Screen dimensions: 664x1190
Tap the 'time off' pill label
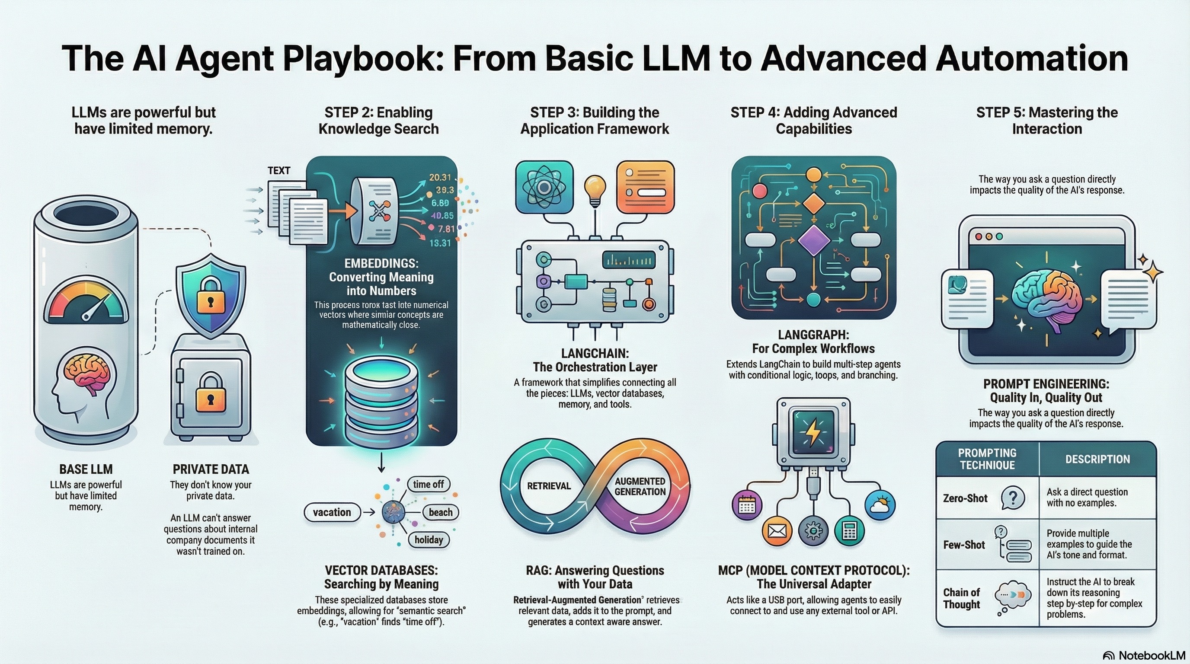coord(428,484)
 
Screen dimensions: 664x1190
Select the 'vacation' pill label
coord(332,512)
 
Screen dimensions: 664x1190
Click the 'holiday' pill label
coord(428,539)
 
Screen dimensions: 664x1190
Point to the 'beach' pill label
coord(440,512)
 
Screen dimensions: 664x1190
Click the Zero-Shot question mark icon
coord(1013,498)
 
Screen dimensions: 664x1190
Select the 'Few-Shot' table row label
coord(964,545)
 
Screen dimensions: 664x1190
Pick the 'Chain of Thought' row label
coord(961,598)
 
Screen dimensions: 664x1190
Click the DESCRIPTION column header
coord(1097,459)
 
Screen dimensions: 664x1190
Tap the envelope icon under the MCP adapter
coord(777,531)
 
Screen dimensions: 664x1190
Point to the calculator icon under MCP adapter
coord(849,531)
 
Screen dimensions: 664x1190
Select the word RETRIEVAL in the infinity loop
coord(549,486)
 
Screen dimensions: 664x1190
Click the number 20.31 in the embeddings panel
coord(440,177)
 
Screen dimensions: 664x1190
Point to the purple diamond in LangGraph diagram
coord(813,241)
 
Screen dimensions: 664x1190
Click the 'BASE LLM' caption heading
coord(86,469)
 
